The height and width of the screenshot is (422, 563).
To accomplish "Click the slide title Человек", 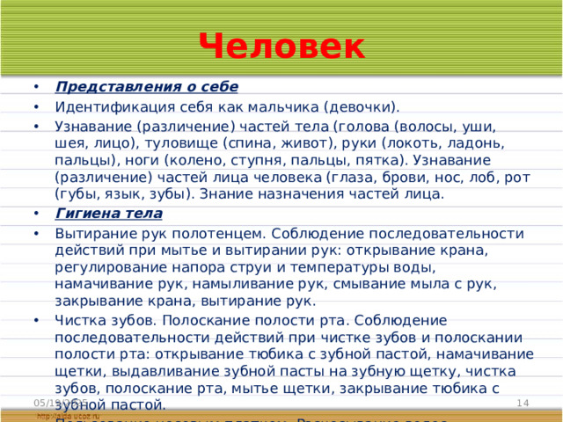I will (x=281, y=46).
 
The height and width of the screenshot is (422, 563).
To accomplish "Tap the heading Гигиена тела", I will (x=108, y=214).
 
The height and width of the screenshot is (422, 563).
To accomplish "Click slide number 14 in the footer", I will (x=522, y=402).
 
